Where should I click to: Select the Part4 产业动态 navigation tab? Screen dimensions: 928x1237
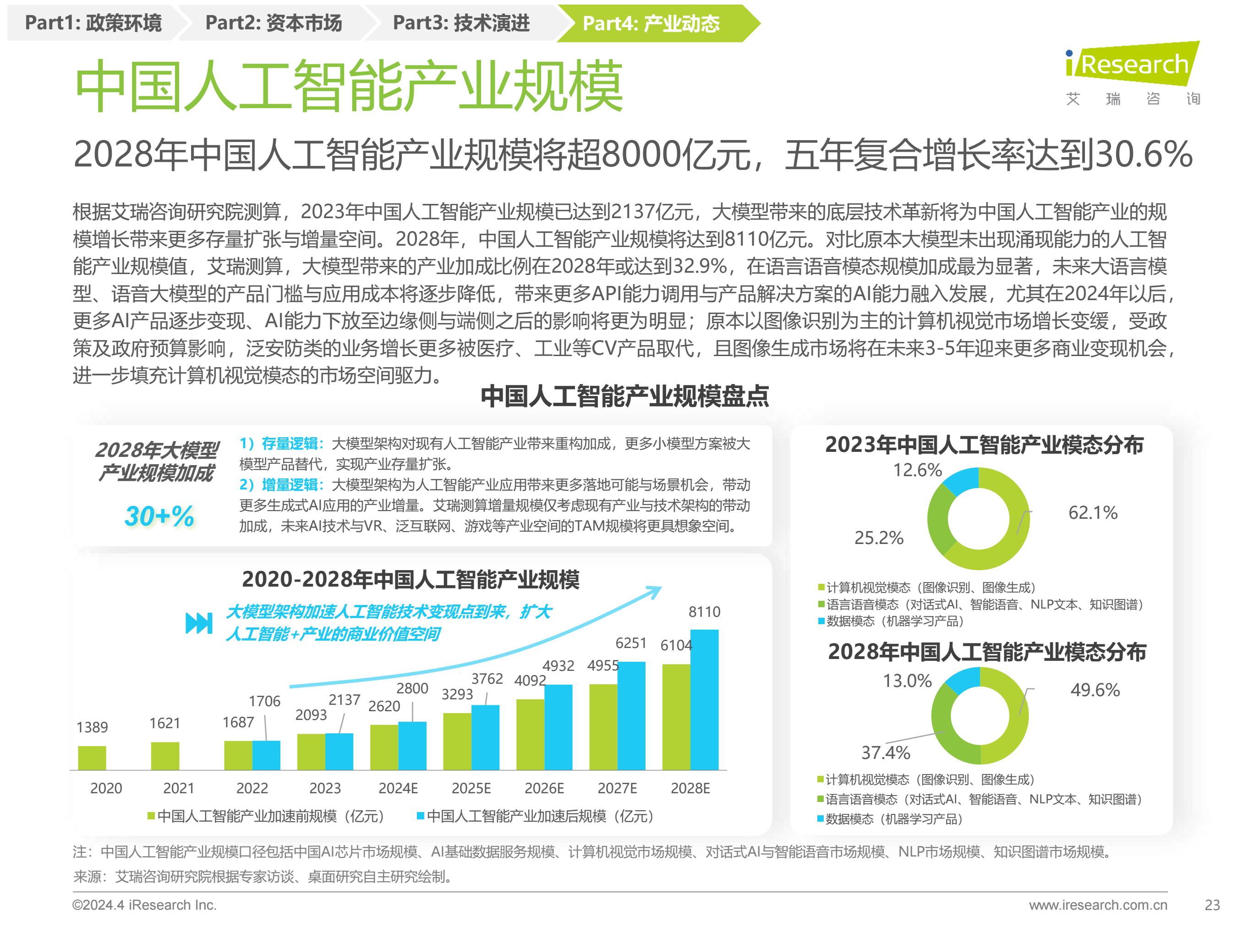tap(651, 23)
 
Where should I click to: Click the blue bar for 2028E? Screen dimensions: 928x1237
tap(704, 699)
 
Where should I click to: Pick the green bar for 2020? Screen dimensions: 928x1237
tap(92, 758)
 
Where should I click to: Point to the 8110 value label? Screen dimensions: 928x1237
tap(704, 612)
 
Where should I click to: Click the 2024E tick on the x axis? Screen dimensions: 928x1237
tap(398, 788)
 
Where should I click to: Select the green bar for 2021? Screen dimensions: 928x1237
tap(165, 756)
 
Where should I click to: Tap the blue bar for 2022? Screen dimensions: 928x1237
tap(266, 755)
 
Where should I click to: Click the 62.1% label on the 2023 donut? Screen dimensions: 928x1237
tap(1093, 512)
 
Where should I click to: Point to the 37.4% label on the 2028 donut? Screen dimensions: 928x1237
tap(885, 752)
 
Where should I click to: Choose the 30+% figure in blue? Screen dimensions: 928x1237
tap(159, 516)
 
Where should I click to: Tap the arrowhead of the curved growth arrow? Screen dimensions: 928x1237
tap(654, 591)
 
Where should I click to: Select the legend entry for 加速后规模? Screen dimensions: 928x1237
tap(536, 816)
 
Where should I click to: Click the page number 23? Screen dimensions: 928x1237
tap(1212, 905)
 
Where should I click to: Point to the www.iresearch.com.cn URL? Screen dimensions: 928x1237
tap(1098, 905)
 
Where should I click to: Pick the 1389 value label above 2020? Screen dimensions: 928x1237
tap(92, 727)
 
